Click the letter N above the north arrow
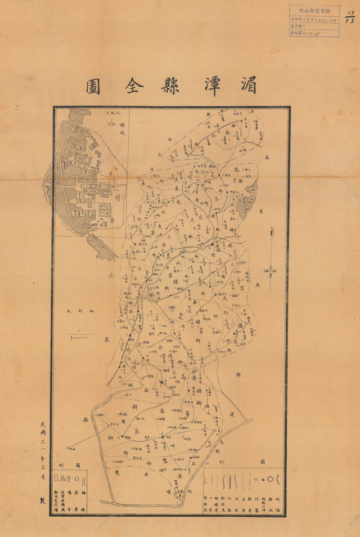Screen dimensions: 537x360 click(271, 230)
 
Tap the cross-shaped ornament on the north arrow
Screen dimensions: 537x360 click(271, 271)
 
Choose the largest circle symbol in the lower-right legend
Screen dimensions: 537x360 click(277, 480)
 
